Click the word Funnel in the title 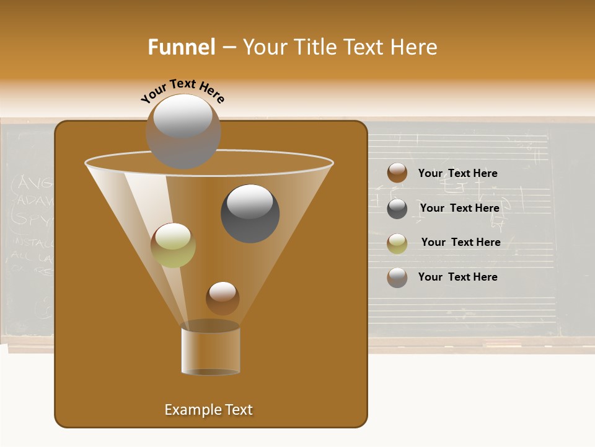click(x=181, y=47)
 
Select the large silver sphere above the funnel click(x=183, y=132)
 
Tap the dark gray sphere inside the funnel click(x=250, y=214)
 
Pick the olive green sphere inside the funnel click(x=173, y=245)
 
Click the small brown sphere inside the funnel click(x=223, y=298)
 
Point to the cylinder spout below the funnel click(x=211, y=349)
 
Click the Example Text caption click(x=208, y=410)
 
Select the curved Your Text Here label click(x=182, y=91)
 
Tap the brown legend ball click(x=397, y=173)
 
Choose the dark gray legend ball click(x=397, y=209)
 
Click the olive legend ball click(x=397, y=243)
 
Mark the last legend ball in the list click(x=397, y=278)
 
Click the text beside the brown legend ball click(x=457, y=174)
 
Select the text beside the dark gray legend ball click(x=459, y=209)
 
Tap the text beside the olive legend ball click(x=461, y=243)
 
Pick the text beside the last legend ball click(x=457, y=278)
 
